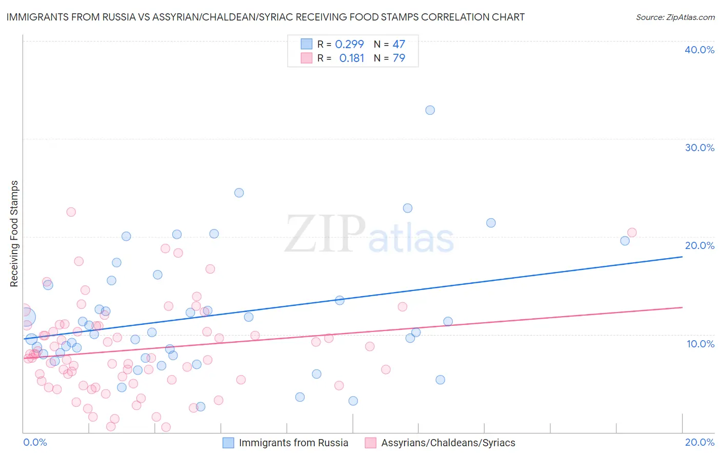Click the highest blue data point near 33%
pos(430,110)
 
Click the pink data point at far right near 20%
pos(632,233)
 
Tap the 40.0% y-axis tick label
pos(699,50)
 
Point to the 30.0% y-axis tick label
pos(699,148)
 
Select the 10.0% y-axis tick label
pos(700,344)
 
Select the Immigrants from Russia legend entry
pos(286,443)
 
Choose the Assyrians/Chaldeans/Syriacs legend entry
pos(440,443)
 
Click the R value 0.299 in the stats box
pos(349,45)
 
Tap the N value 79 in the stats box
pos(399,58)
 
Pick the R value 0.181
pos(352,58)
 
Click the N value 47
pos(399,45)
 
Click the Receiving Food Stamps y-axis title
pos(14,234)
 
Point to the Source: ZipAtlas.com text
pos(675,17)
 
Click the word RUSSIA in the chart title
pos(113,17)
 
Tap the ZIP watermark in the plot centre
pos(325,234)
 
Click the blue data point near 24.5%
pos(239,193)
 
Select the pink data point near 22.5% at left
pos(71,212)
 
